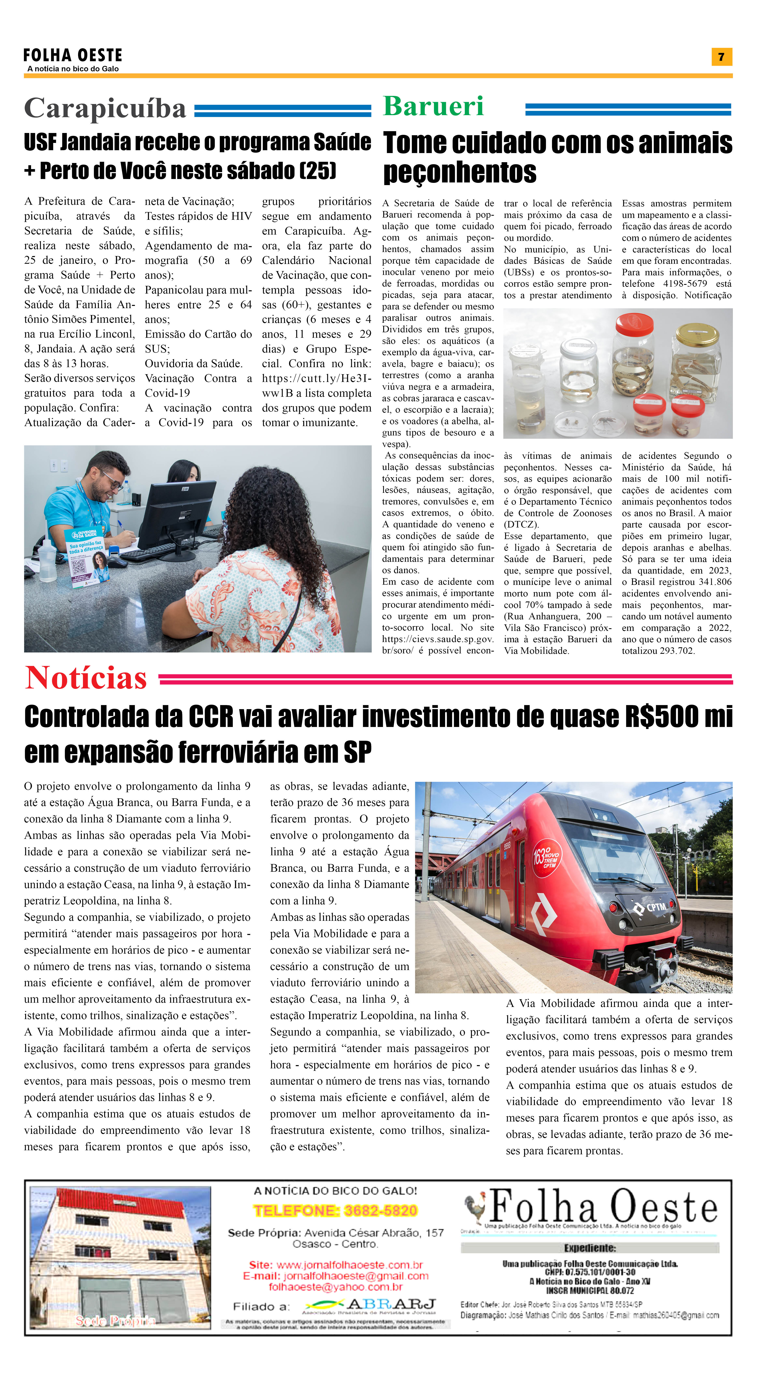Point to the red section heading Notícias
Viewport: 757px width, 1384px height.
point(86,678)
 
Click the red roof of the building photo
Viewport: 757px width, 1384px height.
point(121,1204)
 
